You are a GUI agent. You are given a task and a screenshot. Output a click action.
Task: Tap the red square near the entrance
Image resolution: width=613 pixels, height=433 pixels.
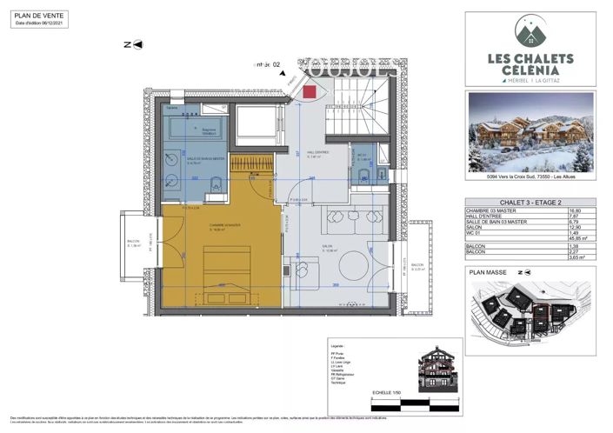pos(309,92)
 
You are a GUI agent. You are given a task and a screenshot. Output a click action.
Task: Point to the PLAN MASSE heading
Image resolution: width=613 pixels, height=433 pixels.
pos(488,271)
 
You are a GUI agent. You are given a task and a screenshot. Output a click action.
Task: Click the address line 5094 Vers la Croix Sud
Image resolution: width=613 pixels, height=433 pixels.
pos(530,178)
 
